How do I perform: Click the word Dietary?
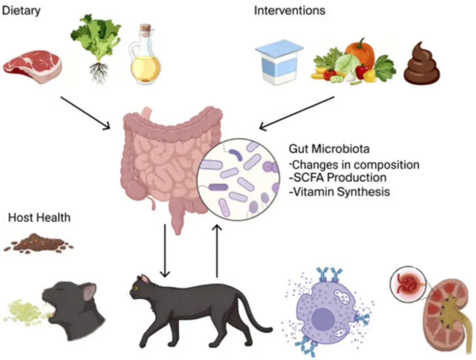(21, 10)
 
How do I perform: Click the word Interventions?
(290, 10)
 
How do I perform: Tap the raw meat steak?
(33, 67)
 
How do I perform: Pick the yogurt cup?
(279, 62)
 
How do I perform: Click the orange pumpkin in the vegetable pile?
(360, 52)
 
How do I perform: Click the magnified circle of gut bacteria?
(238, 179)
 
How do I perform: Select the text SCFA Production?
(338, 178)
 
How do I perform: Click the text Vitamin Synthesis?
(339, 192)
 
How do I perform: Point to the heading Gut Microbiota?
(329, 149)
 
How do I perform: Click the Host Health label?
(39, 217)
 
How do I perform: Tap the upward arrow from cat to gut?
(217, 251)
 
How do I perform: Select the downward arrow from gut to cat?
(165, 251)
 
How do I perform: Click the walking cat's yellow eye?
(136, 288)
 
